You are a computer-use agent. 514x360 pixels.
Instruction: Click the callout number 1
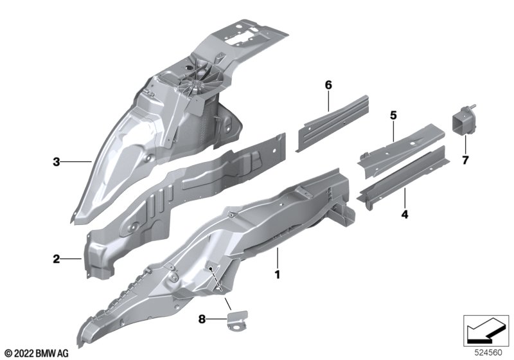coord(278,274)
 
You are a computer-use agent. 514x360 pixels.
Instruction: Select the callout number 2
coord(57,259)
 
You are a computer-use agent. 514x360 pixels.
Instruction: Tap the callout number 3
coord(57,161)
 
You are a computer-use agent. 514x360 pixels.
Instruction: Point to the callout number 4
coord(405,215)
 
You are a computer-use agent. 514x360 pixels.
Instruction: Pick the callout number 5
coord(393,116)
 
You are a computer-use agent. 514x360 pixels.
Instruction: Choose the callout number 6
coord(328,85)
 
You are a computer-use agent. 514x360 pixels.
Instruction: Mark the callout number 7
coord(465,160)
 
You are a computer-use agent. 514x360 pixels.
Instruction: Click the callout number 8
coord(202,319)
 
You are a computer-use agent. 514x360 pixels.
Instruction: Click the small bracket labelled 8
coord(238,321)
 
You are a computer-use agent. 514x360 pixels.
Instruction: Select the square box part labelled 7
coord(463,121)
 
